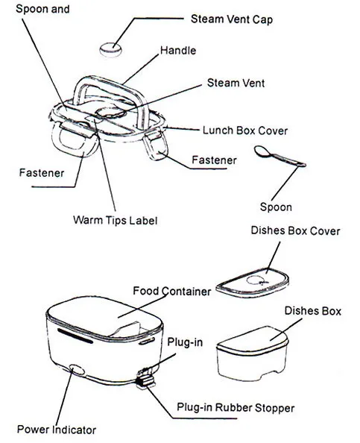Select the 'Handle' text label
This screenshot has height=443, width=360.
(x=179, y=51)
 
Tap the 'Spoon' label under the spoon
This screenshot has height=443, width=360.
(x=275, y=207)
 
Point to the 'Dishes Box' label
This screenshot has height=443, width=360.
(x=312, y=311)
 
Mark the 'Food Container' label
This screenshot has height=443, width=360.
(x=171, y=291)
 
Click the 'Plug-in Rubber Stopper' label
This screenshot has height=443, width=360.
(x=236, y=408)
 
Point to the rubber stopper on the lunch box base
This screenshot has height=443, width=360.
(x=145, y=381)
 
